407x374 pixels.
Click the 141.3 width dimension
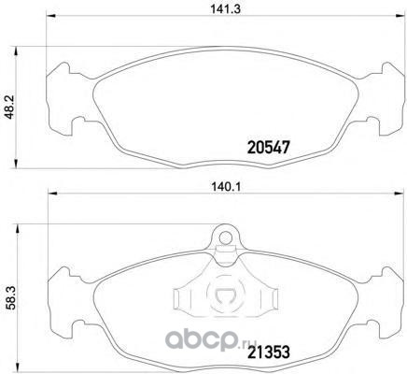pos(226,8)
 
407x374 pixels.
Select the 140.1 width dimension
pos(226,187)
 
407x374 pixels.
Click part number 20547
pos(269,147)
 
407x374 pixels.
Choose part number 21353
pos(269,352)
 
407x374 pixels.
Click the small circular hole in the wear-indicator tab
pos(225,237)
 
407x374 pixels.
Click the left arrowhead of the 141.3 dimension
pos(50,16)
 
